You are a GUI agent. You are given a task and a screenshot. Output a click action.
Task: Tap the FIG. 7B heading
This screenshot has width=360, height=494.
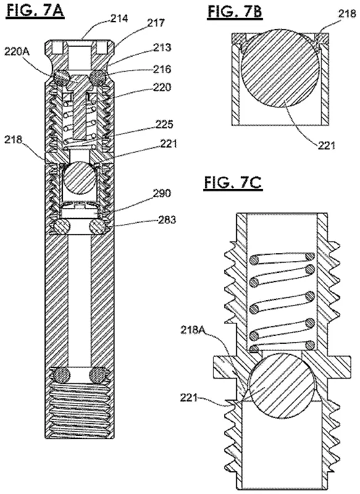235,12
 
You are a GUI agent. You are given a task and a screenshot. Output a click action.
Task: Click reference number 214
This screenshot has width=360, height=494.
119,19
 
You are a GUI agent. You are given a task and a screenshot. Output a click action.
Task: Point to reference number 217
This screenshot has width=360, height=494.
156,23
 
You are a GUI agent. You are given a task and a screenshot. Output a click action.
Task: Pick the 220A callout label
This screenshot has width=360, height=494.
17,51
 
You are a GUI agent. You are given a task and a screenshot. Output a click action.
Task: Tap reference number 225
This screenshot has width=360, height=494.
164,125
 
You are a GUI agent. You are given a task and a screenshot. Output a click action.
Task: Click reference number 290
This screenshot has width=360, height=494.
162,193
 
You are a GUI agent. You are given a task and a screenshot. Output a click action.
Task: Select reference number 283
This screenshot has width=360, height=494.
167,219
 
